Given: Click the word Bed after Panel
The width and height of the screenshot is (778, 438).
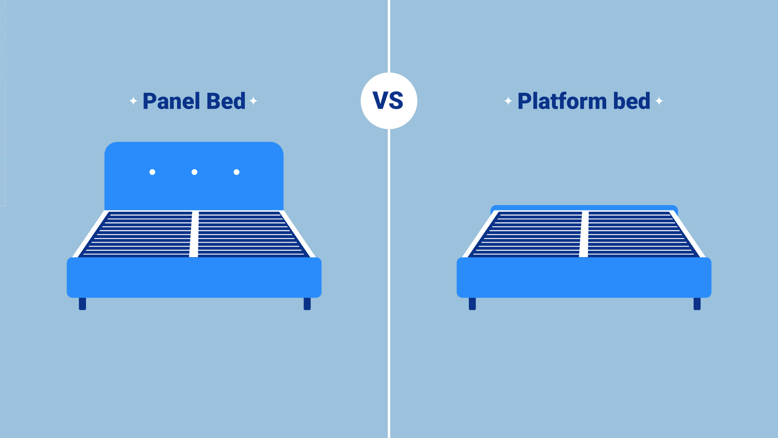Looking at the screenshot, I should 226,101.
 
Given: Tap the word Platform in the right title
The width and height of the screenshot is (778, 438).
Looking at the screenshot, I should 562,101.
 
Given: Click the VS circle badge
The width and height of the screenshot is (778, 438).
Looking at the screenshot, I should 389,101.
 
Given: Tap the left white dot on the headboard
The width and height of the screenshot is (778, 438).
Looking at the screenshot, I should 152,172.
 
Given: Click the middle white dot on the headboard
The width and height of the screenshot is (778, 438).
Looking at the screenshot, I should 194,172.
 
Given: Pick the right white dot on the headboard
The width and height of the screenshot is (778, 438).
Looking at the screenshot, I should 237,172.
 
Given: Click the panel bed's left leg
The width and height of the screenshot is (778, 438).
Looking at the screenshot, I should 82,304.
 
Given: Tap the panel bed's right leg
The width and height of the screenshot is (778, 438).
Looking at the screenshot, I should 307,304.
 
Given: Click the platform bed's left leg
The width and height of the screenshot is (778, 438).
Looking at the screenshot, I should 472,304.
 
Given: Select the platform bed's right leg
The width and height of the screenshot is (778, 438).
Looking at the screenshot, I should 697,304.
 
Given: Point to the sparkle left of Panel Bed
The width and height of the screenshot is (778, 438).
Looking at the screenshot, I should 133,101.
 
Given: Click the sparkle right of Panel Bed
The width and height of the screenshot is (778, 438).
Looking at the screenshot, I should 254,101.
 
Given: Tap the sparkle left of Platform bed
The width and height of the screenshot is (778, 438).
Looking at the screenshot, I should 508,101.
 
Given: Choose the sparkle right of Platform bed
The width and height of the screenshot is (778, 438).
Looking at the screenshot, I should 659,101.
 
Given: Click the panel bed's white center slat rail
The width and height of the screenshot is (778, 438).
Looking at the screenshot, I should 194,234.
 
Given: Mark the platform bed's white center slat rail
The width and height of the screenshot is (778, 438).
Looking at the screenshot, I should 584,234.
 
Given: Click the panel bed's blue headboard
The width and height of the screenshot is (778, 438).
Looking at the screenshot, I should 194,191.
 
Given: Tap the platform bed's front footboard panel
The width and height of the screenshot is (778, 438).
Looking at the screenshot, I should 584,277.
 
